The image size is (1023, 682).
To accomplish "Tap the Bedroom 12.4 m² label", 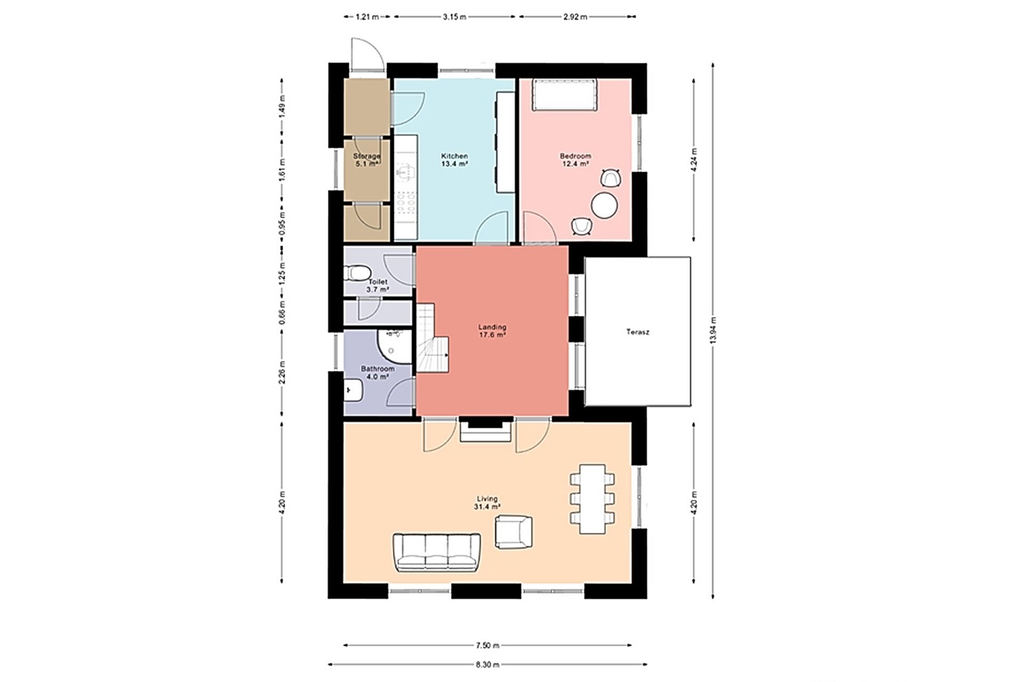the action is tap(575, 160).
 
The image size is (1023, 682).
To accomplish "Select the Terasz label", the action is tap(638, 332).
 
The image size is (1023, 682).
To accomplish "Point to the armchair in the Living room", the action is tap(514, 532).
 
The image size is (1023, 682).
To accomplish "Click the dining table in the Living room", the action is tap(592, 499).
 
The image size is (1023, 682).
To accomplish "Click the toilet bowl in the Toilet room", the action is tap(358, 273).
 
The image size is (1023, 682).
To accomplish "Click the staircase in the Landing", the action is tap(432, 338).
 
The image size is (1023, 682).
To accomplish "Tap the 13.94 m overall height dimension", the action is tap(713, 330).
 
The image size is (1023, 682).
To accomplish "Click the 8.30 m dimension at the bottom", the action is tap(487, 664).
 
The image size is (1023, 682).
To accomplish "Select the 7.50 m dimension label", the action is tap(487, 645).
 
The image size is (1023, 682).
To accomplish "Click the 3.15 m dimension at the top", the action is tap(454, 17).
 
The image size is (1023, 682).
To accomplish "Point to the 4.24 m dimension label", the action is tap(694, 159).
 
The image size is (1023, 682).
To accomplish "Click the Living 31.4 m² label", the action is tap(487, 503).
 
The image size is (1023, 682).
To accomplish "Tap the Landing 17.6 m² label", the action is tap(492, 331).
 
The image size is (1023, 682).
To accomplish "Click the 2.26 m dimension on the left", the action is tap(283, 372).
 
